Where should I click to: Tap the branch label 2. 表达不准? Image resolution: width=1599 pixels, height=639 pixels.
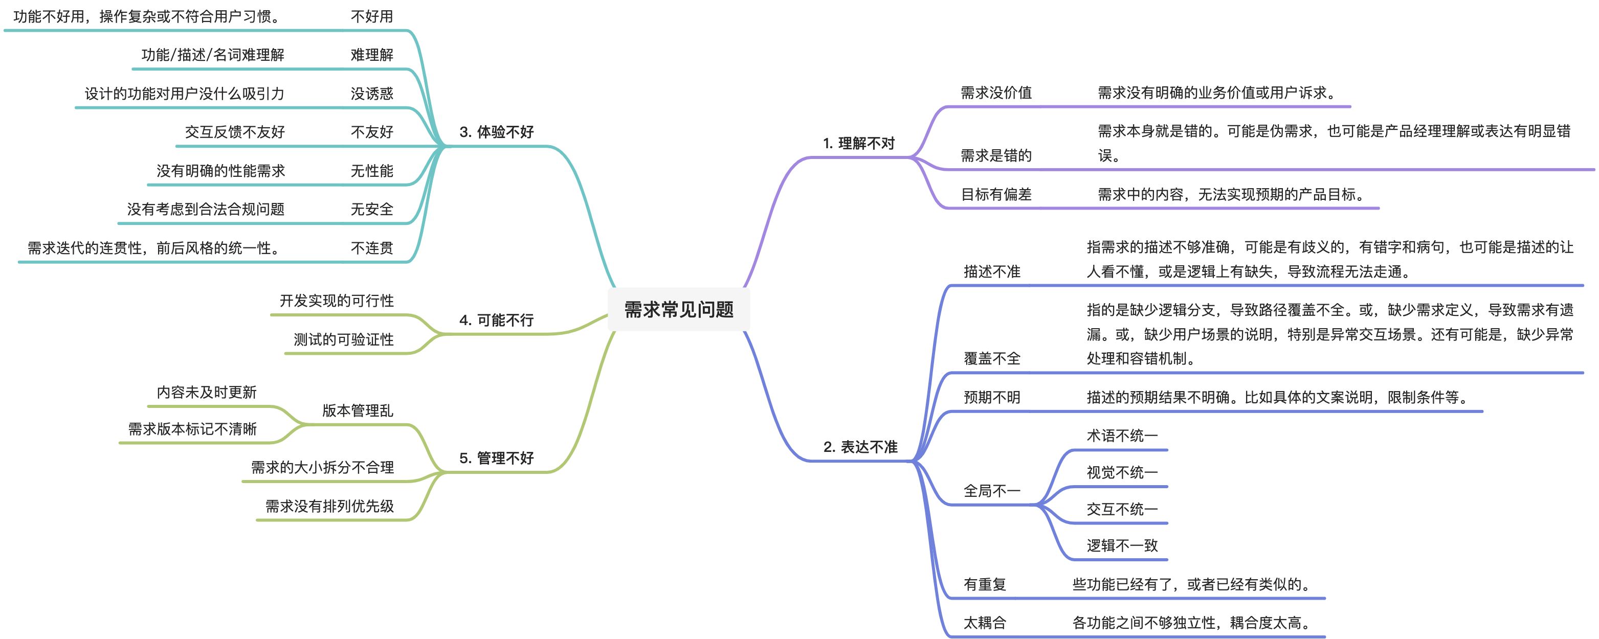tap(860, 447)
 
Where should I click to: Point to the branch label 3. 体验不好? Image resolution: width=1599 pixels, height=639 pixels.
tap(496, 131)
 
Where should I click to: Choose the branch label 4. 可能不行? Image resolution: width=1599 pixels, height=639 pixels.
tap(496, 320)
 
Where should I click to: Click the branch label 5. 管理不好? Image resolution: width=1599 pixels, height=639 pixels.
tap(496, 458)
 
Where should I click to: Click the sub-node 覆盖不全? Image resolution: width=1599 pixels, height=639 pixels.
tap(991, 358)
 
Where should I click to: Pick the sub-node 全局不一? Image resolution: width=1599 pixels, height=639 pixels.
tap(991, 491)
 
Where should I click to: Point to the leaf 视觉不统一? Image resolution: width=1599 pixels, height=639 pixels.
tap(1122, 472)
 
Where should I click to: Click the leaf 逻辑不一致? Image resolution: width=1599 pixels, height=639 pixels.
tap(1122, 545)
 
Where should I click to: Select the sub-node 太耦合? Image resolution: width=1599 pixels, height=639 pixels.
tap(985, 622)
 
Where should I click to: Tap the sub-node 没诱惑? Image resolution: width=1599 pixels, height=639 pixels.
tap(372, 94)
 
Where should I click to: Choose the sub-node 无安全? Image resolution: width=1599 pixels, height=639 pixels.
tap(372, 209)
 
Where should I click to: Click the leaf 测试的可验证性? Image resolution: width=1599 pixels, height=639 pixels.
tap(343, 339)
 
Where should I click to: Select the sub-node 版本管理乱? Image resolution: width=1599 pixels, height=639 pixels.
tap(358, 410)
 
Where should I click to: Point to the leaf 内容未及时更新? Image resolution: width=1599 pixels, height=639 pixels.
tap(206, 392)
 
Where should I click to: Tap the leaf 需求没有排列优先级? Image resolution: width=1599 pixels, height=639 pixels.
tap(329, 506)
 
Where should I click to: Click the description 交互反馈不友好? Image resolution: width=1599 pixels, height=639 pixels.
tap(235, 131)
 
